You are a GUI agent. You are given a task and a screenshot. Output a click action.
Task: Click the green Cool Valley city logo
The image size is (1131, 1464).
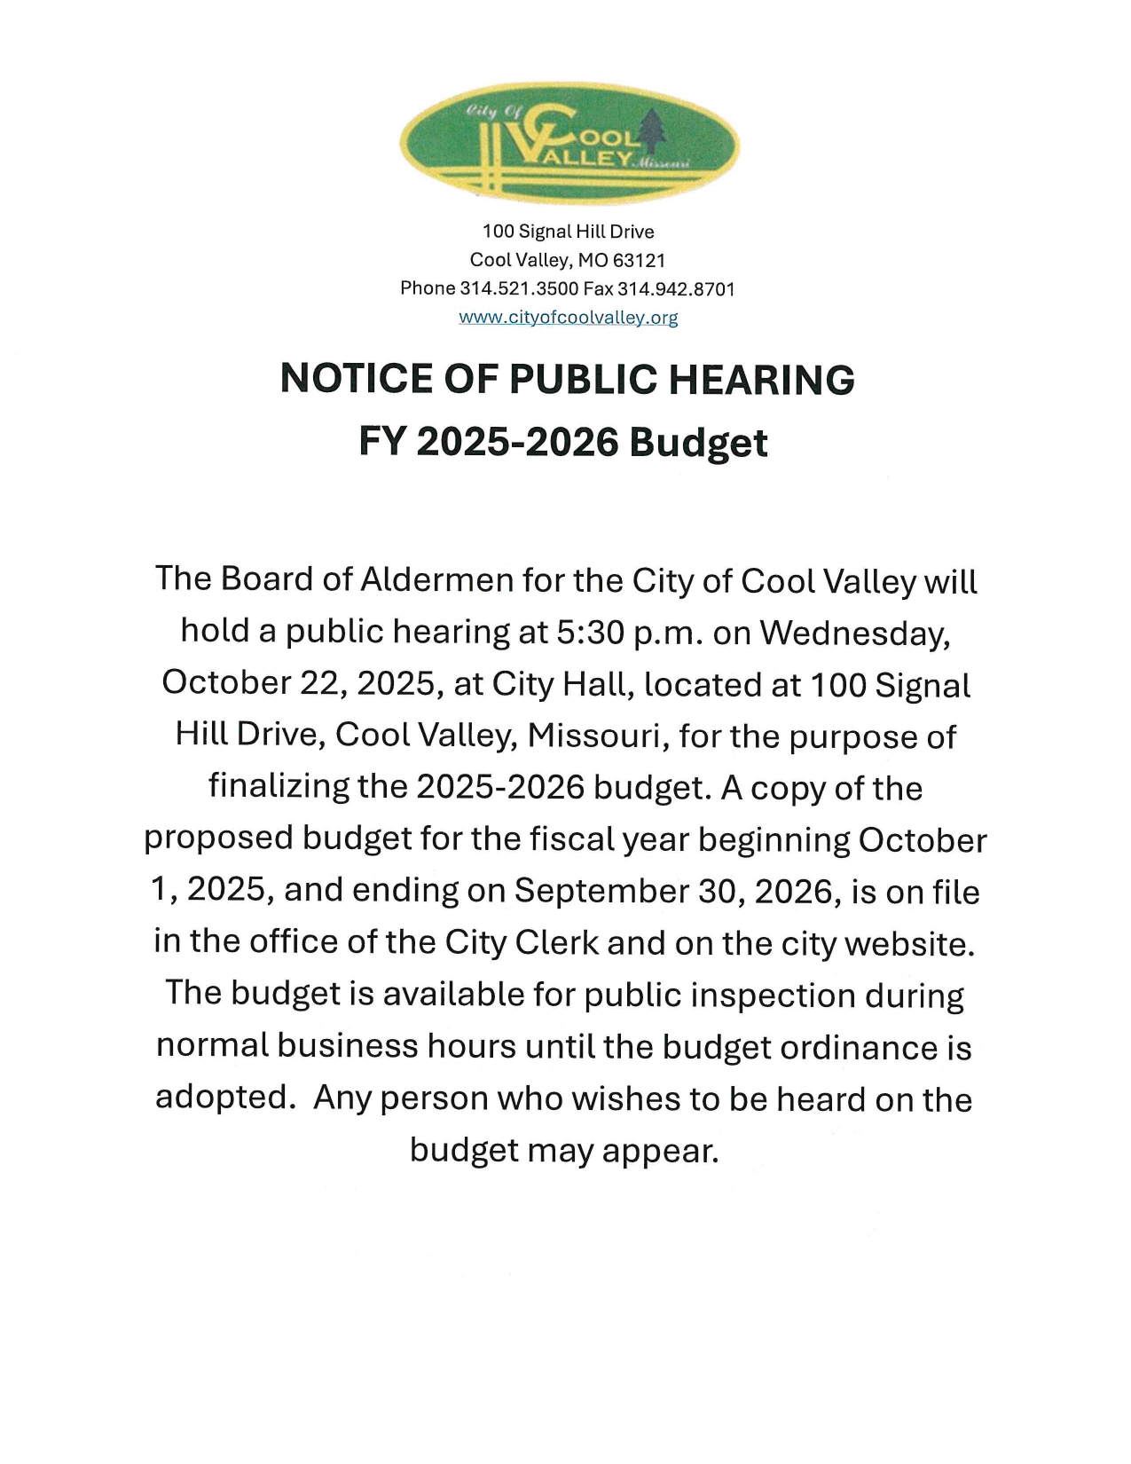569,144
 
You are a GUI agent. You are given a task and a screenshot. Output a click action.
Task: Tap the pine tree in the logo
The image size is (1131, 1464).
656,130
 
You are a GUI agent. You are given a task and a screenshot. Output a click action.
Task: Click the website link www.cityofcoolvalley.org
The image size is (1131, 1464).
568,318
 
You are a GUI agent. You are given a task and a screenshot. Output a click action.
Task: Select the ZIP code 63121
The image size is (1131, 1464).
639,260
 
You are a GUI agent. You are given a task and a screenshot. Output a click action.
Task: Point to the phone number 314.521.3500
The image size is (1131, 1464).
519,288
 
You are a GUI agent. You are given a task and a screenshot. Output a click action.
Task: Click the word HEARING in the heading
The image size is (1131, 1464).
761,379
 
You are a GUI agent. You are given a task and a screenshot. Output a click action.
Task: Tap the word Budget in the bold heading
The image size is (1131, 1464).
698,442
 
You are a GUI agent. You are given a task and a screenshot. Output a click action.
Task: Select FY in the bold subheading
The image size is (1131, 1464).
381,442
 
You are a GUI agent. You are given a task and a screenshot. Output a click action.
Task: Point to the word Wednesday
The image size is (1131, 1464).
853,633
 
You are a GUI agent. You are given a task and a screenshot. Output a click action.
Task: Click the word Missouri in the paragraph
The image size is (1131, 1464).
596,736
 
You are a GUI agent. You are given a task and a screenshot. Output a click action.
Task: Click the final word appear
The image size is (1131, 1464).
658,1151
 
